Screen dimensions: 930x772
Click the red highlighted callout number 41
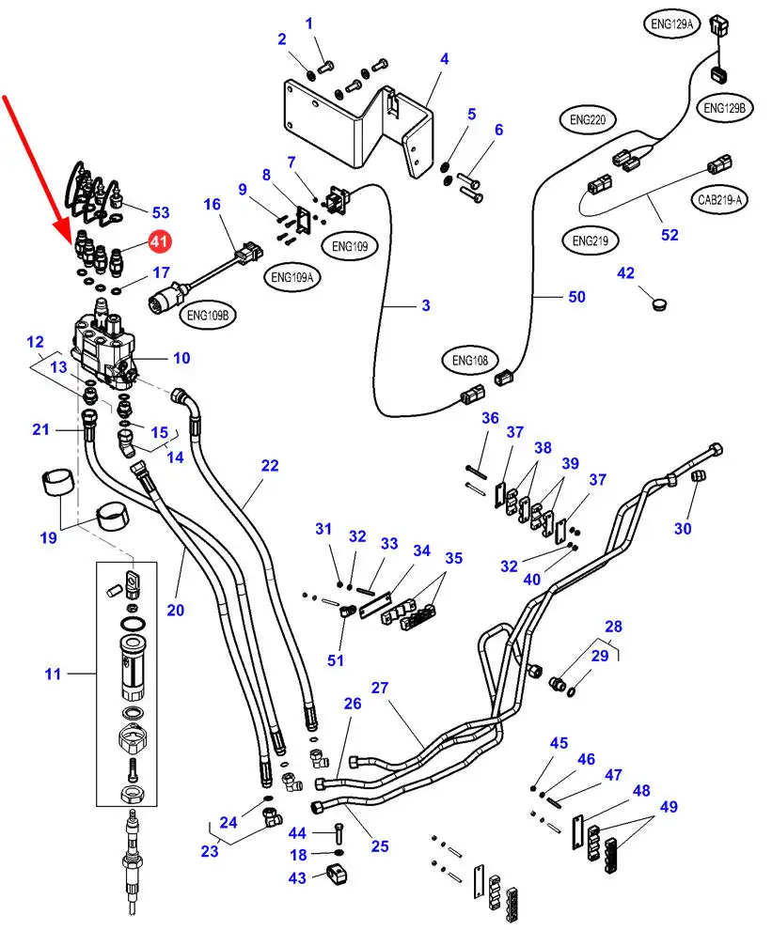[159, 242]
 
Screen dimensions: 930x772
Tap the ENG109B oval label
[209, 316]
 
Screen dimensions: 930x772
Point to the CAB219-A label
[719, 199]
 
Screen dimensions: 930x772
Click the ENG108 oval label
[471, 360]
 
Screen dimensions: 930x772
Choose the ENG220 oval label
[588, 120]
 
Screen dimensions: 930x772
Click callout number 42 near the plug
[626, 273]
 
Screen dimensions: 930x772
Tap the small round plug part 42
[658, 303]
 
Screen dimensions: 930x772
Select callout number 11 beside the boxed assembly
[53, 673]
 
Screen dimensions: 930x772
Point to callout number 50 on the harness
[575, 296]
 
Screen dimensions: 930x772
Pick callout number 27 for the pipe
[380, 688]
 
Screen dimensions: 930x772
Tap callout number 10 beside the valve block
[181, 357]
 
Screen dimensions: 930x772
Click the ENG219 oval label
[591, 241]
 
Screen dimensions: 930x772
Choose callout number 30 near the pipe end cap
[683, 528]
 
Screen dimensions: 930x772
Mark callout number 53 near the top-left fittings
[160, 212]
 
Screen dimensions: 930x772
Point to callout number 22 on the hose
[270, 465]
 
